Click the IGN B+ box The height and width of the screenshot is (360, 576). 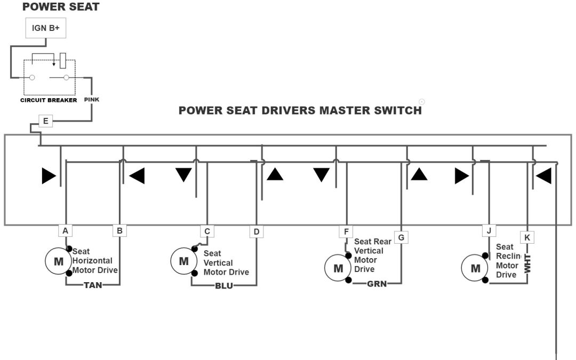pos(46,28)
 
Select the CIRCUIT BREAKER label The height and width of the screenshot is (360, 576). pos(49,100)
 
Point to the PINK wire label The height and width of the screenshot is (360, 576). pos(92,99)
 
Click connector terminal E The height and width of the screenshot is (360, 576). pos(45,121)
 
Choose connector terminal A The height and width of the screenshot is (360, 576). pos(65,231)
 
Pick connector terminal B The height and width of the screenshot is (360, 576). pos(119,231)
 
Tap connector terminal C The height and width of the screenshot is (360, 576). pos(207,231)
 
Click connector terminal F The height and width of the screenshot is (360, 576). pos(346,232)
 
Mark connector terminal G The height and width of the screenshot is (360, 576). pos(401,236)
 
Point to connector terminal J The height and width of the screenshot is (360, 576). pos(489,231)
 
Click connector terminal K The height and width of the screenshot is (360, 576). pos(526,236)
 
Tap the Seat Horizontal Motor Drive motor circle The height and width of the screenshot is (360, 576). pos(59,261)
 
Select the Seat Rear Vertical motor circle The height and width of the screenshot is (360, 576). pos(338,268)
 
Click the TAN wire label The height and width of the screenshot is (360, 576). pos(93,285)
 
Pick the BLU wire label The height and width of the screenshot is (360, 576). pos(224,285)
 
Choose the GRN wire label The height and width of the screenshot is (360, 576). pos(377,284)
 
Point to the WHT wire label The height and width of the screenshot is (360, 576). pos(527,265)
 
